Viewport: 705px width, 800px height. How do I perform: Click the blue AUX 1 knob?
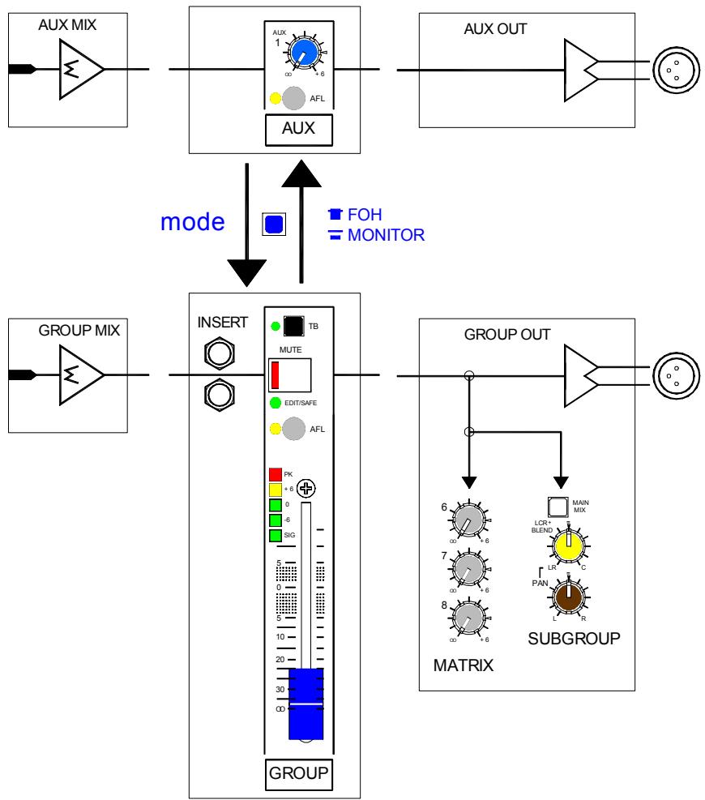tap(305, 52)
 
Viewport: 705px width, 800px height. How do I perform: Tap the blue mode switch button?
tap(274, 225)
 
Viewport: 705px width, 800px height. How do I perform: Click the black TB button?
tap(293, 326)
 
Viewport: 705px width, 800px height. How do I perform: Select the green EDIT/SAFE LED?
tap(276, 403)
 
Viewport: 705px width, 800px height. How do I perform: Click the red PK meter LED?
tap(276, 474)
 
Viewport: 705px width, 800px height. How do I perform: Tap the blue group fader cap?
tap(306, 704)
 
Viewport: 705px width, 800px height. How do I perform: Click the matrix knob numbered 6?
tap(469, 520)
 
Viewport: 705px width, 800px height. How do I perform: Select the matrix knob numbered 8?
tap(469, 618)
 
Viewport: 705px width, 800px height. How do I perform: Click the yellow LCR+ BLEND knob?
tap(569, 545)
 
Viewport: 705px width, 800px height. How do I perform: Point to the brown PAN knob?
tap(569, 597)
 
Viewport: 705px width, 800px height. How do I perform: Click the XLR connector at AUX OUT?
tap(677, 71)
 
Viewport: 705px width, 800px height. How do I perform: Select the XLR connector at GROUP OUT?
tap(677, 376)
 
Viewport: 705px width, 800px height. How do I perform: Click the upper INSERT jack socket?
tap(220, 353)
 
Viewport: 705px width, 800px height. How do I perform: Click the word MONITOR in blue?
tap(387, 235)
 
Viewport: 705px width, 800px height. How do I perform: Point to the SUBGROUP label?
tap(574, 638)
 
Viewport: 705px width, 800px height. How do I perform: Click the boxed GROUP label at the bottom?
tap(299, 774)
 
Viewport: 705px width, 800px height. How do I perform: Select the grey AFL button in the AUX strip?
tap(294, 98)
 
